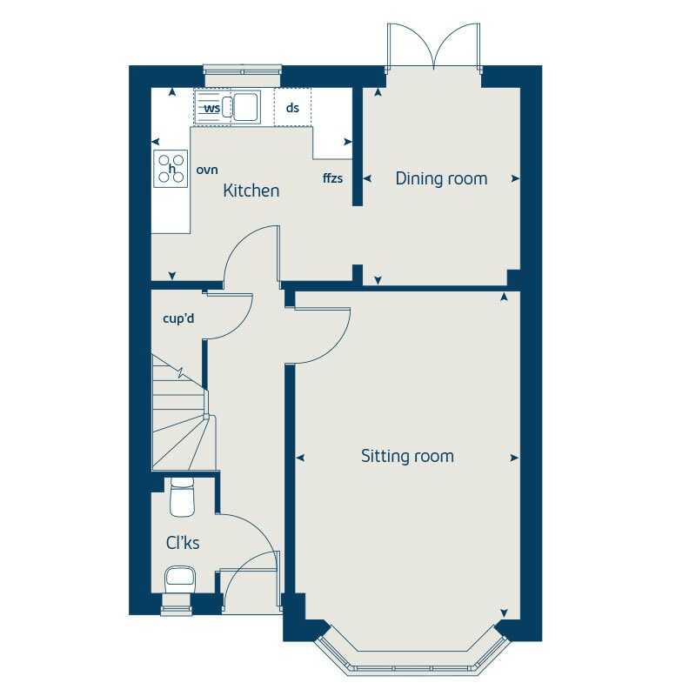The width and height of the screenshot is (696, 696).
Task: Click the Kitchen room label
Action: pyautogui.click(x=251, y=191)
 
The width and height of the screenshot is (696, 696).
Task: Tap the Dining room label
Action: pyautogui.click(x=441, y=178)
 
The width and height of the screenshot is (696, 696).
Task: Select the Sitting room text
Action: pyautogui.click(x=407, y=456)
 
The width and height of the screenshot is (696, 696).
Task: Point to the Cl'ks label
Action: pyautogui.click(x=183, y=543)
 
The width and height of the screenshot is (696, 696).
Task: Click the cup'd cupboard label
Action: pyautogui.click(x=178, y=318)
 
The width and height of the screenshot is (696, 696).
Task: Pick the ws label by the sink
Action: pyautogui.click(x=211, y=108)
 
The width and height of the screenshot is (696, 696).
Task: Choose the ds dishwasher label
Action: pyautogui.click(x=292, y=108)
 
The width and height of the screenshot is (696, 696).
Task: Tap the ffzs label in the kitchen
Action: pyautogui.click(x=332, y=178)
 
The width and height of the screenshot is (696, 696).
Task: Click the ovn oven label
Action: pyautogui.click(x=206, y=170)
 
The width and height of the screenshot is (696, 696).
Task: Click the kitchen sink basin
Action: pyautogui.click(x=244, y=107)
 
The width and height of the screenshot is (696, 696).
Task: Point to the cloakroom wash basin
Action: pyautogui.click(x=179, y=577)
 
